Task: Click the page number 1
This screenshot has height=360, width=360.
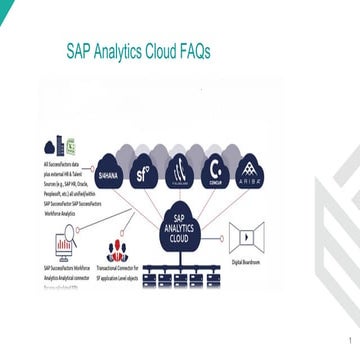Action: (x=349, y=340)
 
